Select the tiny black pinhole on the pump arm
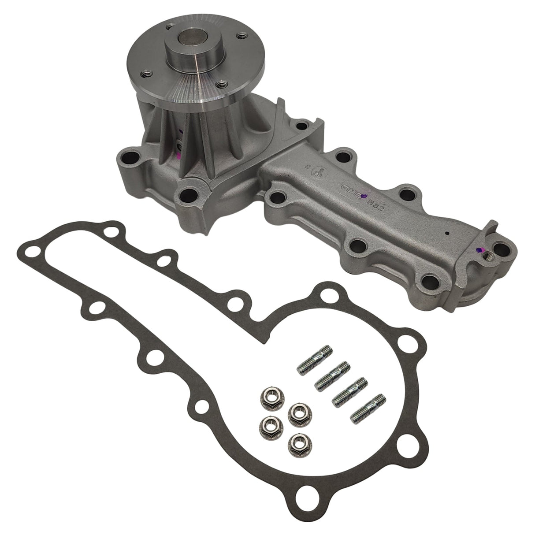point(447,234)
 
